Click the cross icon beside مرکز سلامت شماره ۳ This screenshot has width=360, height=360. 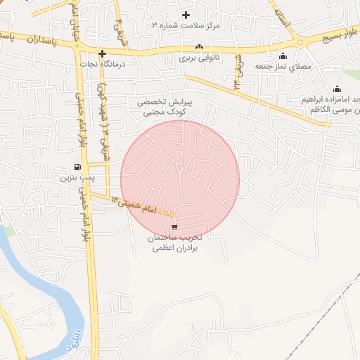click(x=186, y=15)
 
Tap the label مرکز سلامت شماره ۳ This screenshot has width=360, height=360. click(x=186, y=25)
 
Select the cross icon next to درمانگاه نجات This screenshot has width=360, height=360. click(x=103, y=53)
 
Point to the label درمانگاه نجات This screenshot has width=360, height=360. click(x=103, y=64)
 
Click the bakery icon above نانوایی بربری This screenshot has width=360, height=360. click(x=199, y=48)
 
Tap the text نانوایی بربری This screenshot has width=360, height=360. click(x=199, y=58)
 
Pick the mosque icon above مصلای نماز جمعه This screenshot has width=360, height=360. click(x=283, y=56)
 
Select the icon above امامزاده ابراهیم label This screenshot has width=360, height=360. click(x=337, y=89)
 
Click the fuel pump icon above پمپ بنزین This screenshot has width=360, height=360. click(x=76, y=167)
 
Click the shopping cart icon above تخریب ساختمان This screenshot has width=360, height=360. click(x=174, y=226)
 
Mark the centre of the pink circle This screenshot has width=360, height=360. click(x=180, y=180)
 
